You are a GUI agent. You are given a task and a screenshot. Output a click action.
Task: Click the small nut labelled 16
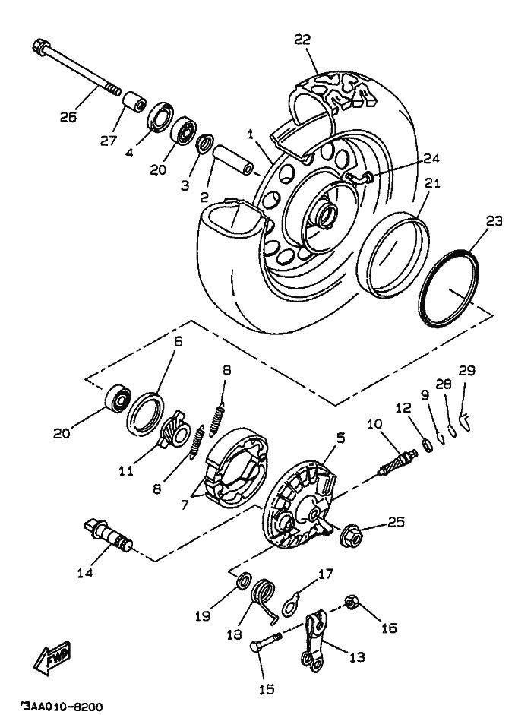coord(352,603)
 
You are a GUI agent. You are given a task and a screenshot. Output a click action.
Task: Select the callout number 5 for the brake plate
coord(341,438)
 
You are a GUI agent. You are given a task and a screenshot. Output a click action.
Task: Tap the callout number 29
coord(467,371)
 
